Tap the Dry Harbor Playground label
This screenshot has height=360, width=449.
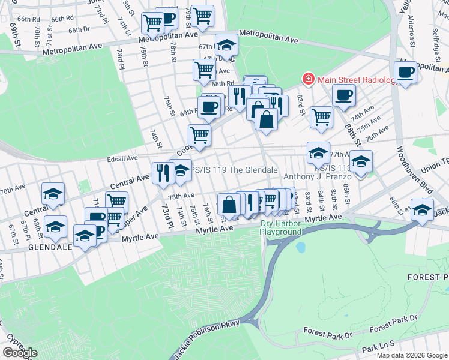(x=281, y=228)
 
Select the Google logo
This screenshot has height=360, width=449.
(x=20, y=353)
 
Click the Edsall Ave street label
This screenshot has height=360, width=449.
(x=122, y=158)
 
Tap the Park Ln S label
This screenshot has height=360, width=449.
(x=379, y=347)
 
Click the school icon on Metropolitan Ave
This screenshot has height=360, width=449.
(x=226, y=44)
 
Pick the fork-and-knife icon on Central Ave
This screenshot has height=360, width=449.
(x=162, y=173)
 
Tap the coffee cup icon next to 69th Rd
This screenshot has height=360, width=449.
(x=209, y=107)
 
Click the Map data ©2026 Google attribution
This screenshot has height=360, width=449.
(x=411, y=355)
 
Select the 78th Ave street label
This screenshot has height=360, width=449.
(x=181, y=196)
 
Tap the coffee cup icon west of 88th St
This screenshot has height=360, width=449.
(x=343, y=95)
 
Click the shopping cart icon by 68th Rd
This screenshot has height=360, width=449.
(x=204, y=70)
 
